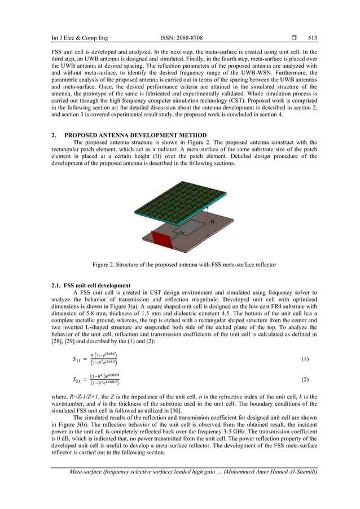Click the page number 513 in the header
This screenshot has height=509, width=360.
click(312, 38)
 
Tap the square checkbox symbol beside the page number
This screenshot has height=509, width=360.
click(295, 38)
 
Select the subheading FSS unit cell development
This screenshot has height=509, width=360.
click(96, 286)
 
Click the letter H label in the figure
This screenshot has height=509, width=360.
click(212, 222)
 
